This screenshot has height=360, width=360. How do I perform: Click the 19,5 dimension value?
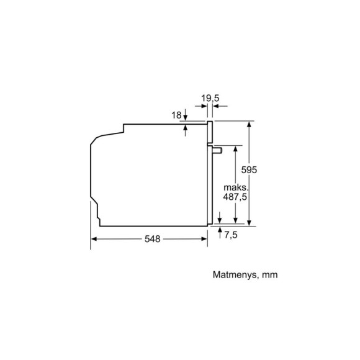click(210, 98)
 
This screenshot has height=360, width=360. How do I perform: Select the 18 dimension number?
click(176, 115)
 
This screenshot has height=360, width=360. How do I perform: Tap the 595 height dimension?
click(249, 169)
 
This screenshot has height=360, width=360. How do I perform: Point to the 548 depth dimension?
click(152, 239)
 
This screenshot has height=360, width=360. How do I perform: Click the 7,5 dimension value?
click(231, 235)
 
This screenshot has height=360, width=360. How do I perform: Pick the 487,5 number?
click(235, 197)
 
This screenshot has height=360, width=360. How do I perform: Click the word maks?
click(236, 187)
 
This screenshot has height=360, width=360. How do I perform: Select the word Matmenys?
click(235, 275)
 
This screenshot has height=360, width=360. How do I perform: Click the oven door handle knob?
click(217, 150)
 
